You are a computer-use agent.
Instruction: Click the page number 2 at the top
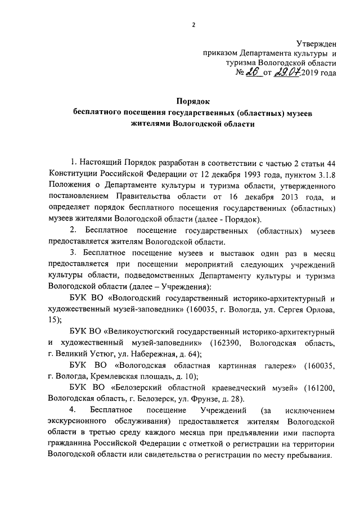[193, 24]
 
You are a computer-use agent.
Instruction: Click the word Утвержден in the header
[317, 44]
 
